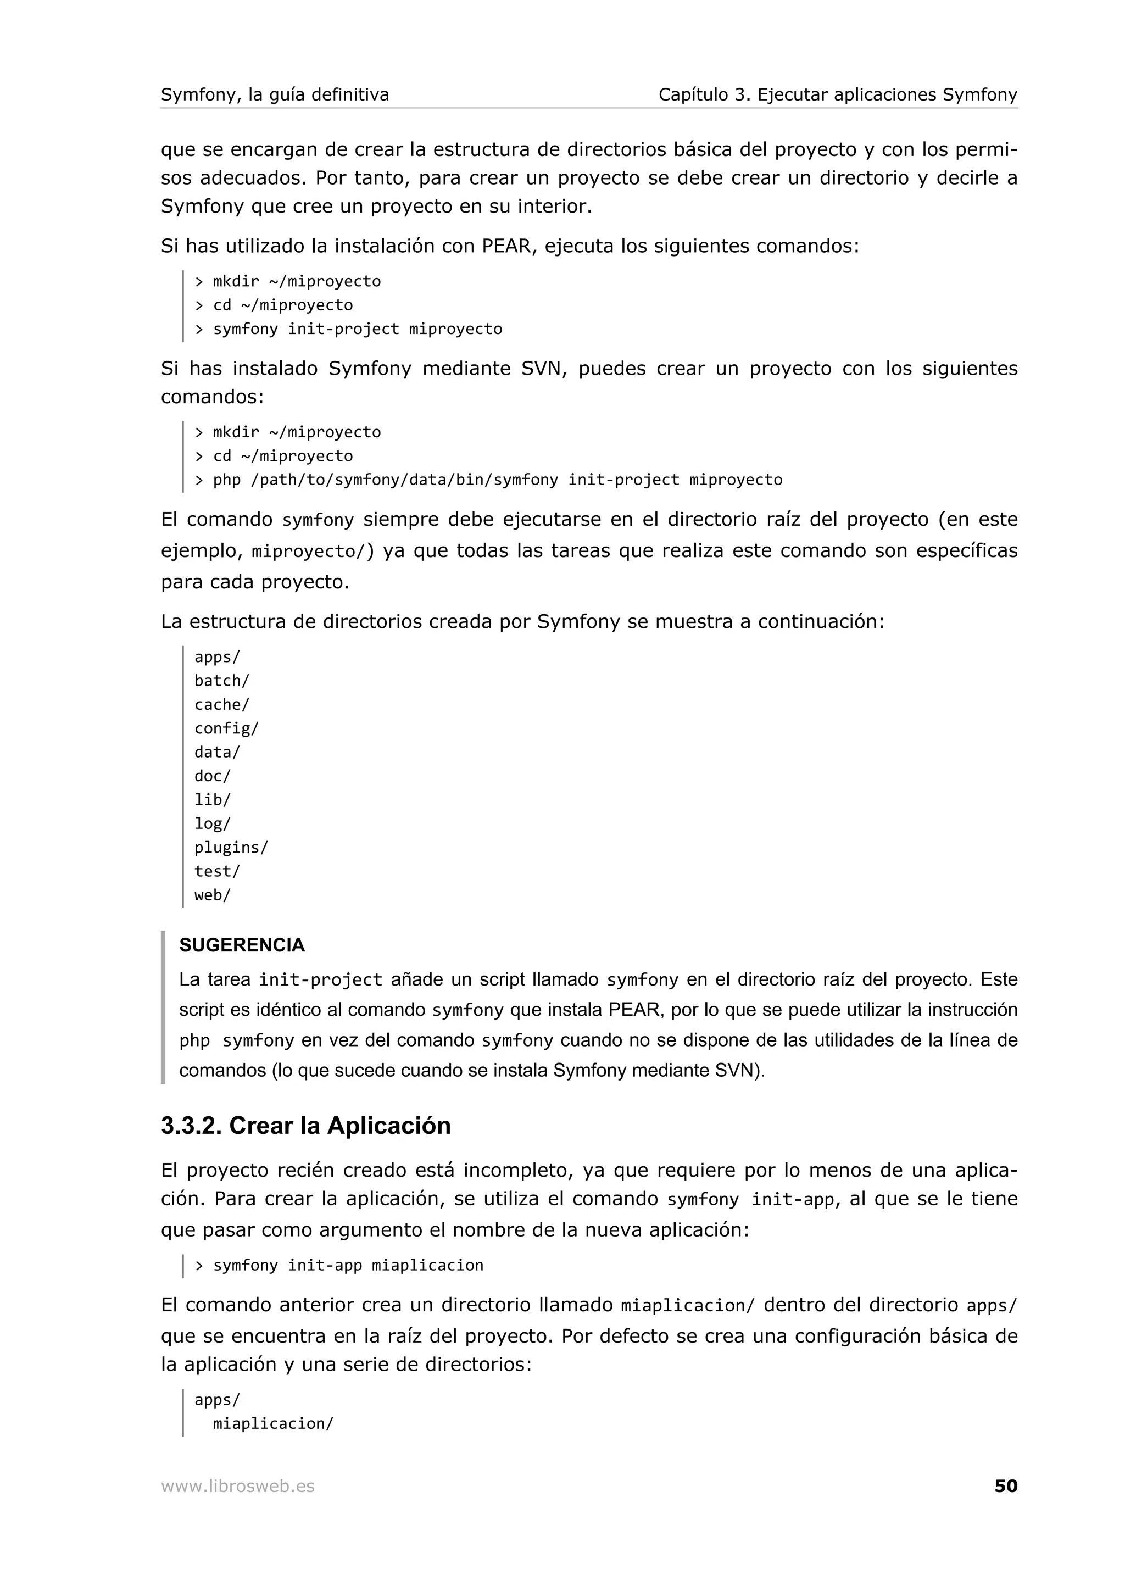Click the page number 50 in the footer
[x=1005, y=1486]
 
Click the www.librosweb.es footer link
[x=238, y=1486]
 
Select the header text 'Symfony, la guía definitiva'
[x=275, y=94]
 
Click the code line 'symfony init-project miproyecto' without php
[x=357, y=329]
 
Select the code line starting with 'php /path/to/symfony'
[x=497, y=480]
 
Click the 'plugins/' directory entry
[x=231, y=847]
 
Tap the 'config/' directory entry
[x=226, y=728]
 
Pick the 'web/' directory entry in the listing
[x=212, y=895]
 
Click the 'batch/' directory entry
[x=221, y=681]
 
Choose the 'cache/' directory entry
[x=221, y=704]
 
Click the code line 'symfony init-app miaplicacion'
[x=347, y=1266]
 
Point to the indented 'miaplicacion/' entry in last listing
[x=273, y=1423]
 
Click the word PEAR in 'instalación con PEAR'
[x=506, y=246]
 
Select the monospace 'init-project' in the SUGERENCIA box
[x=320, y=979]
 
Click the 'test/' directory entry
[x=217, y=872]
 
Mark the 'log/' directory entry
[x=212, y=823]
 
